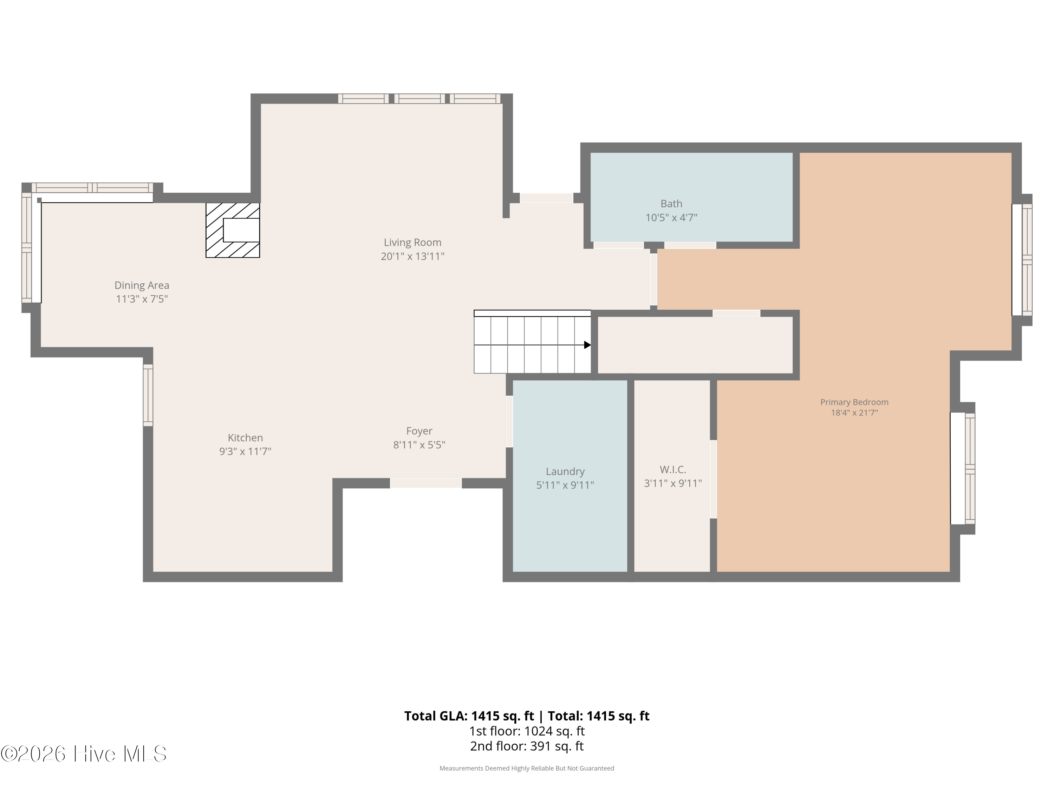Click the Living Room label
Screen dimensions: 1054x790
coord(413,242)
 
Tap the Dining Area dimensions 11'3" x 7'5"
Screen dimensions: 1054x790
coord(142,299)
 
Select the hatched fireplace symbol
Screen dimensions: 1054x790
coord(233,230)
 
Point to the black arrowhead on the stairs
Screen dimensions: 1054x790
coord(587,345)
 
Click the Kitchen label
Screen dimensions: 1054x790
coord(245,437)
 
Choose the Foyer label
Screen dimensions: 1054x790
coord(419,431)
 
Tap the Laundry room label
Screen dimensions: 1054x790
coord(565,472)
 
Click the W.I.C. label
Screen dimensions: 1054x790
coord(673,469)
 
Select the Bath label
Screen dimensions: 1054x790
coord(671,204)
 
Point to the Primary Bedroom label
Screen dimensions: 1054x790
coord(854,402)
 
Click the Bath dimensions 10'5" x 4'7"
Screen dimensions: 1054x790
coord(671,218)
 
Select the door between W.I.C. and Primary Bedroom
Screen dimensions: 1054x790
coord(713,479)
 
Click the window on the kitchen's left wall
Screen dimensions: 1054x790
coord(148,395)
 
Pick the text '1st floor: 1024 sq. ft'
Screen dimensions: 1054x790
coord(527,731)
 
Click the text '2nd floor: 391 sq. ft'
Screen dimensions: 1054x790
coord(527,746)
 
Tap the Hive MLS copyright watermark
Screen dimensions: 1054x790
coord(84,754)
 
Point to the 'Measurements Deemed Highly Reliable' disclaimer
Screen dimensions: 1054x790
coord(527,768)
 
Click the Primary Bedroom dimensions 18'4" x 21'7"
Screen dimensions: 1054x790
coord(854,413)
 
